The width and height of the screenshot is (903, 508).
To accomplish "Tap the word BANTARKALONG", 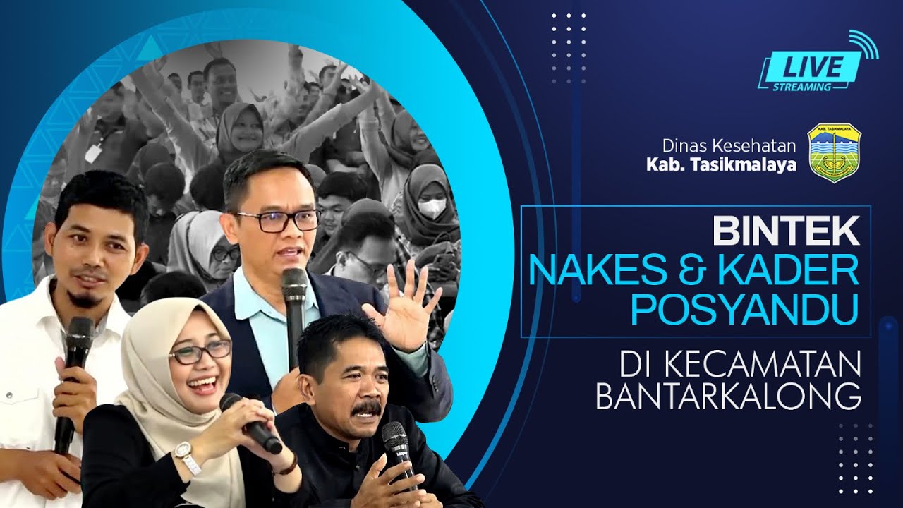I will pos(728,396).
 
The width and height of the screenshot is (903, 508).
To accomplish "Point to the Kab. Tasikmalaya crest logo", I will pos(834,153).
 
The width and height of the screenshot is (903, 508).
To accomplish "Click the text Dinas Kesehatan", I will pos(729,146).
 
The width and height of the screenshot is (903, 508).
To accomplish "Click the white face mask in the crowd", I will pos(432,208).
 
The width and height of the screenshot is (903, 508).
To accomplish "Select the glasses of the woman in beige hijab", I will pos(199,351).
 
